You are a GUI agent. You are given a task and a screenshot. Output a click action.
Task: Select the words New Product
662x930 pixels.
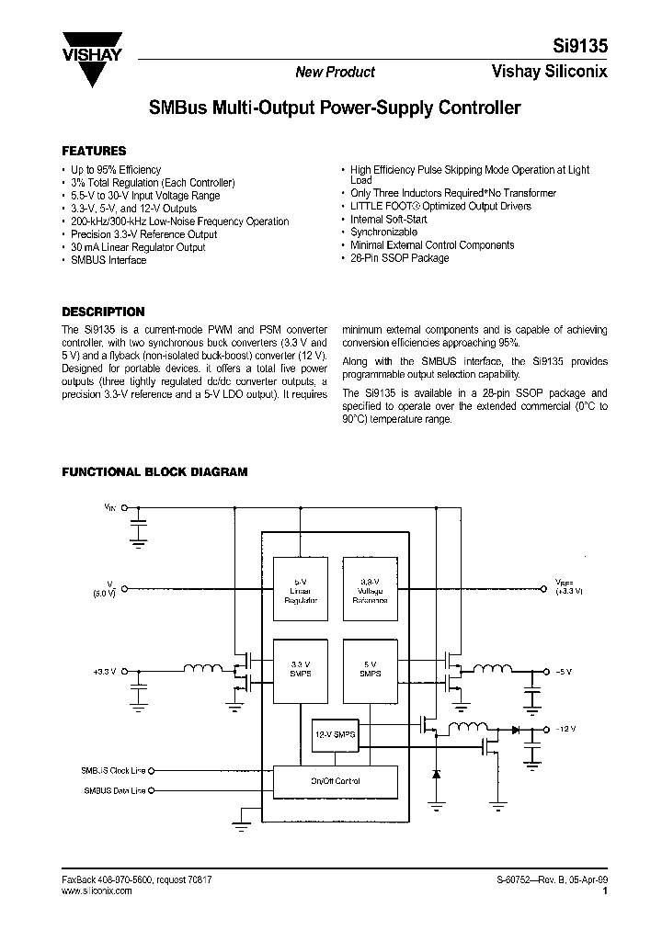click(335, 73)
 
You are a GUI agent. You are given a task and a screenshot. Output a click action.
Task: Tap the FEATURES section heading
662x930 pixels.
click(94, 151)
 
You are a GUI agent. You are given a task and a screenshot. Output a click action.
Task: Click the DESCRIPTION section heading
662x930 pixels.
click(103, 312)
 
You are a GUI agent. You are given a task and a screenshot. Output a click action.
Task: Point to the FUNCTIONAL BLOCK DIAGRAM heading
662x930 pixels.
click(154, 471)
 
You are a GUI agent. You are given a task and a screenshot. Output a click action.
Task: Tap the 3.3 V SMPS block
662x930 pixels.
click(299, 669)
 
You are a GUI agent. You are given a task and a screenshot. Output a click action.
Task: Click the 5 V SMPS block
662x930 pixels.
click(369, 669)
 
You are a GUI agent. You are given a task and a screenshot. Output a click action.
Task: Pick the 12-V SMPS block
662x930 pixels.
click(335, 735)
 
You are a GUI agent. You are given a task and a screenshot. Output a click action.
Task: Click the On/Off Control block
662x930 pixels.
click(336, 781)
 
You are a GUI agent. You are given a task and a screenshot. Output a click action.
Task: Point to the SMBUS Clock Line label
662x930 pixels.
click(113, 772)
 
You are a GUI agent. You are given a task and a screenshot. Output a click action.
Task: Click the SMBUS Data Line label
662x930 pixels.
click(114, 790)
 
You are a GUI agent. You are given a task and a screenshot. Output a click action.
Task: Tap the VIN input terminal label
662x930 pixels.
click(110, 506)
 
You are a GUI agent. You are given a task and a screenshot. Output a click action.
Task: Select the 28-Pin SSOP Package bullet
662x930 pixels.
click(400, 258)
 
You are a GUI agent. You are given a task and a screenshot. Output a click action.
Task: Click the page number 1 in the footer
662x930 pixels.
click(604, 890)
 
